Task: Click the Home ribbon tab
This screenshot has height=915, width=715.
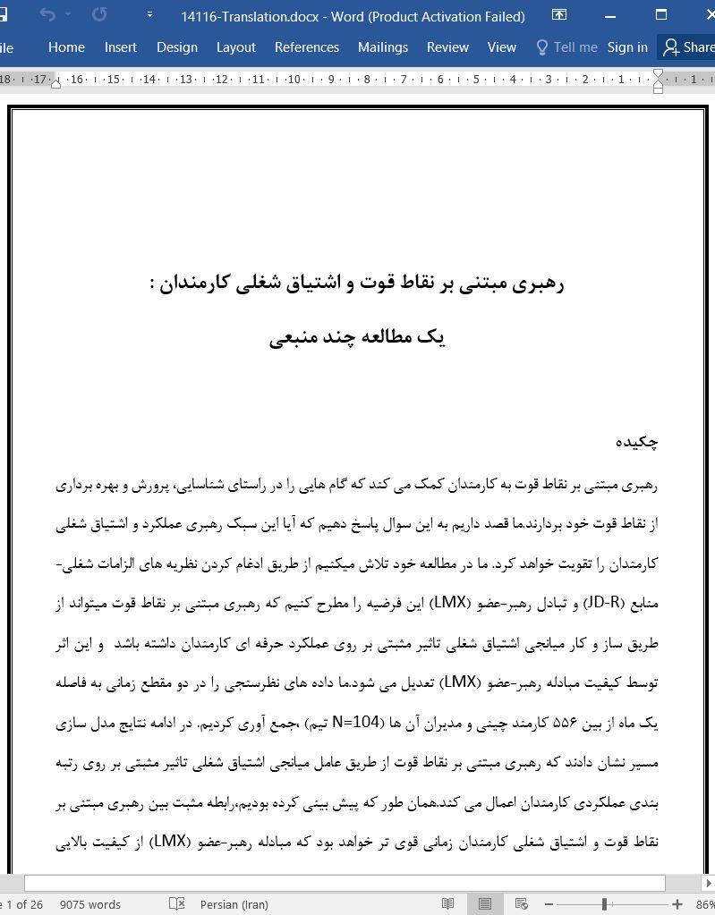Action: coord(66,47)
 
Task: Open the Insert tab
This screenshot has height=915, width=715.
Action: coord(120,47)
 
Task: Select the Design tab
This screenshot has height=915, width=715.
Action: coord(176,47)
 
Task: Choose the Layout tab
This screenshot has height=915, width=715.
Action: coord(236,47)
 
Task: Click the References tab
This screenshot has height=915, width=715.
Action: coord(306,47)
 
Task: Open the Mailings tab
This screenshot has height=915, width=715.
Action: coord(382,47)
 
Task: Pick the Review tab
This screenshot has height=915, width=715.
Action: coord(447,47)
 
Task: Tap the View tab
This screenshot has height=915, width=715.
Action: coord(501,47)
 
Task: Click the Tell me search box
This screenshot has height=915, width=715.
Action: coord(566,47)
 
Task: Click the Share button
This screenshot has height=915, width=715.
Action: coord(688,47)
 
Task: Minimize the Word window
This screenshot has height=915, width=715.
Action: coord(610,16)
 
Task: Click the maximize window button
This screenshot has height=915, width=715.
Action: coord(661,16)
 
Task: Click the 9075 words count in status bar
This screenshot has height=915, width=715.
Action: coord(90,904)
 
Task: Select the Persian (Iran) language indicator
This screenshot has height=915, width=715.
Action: coord(234,904)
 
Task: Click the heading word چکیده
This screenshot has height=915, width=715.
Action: coord(636,442)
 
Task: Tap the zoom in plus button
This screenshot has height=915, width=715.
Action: coord(677,904)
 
